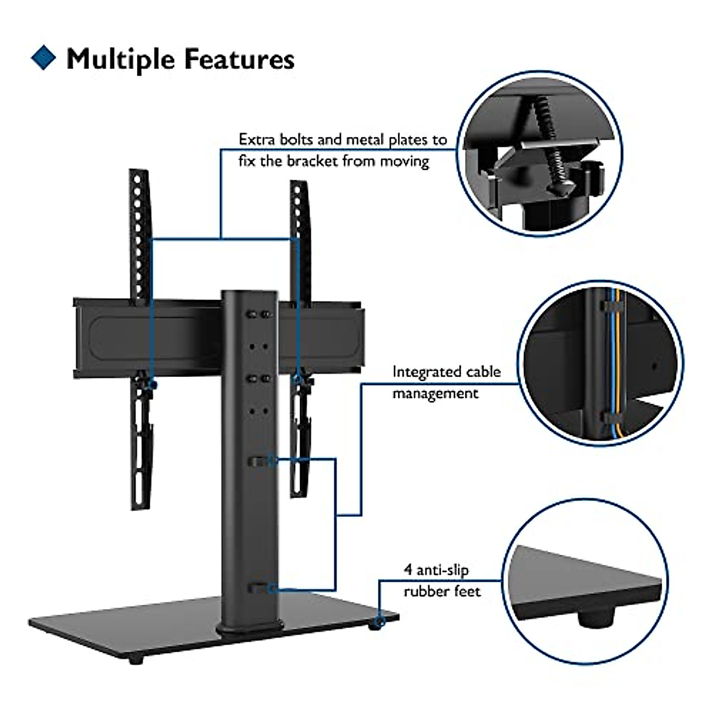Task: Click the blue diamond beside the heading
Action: (43, 58)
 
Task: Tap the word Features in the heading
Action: (239, 59)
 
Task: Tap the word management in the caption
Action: (435, 394)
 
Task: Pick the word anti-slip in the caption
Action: (442, 570)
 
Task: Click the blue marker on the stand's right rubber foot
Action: (380, 622)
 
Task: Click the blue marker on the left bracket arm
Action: (152, 385)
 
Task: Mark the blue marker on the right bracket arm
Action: (298, 377)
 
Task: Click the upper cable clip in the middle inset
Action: (612, 307)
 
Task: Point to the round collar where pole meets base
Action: (249, 627)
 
